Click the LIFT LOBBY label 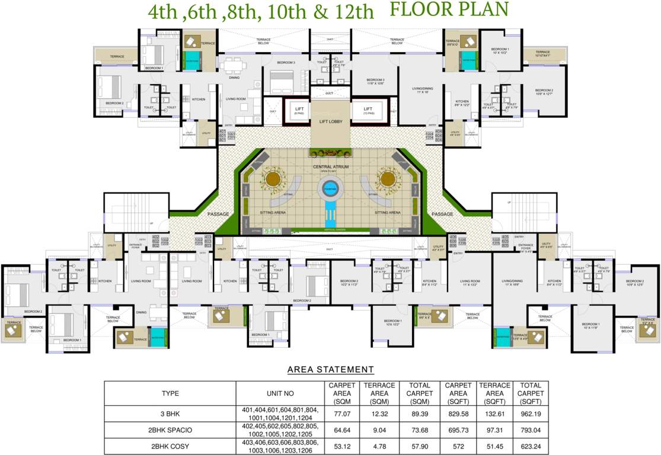click(331, 121)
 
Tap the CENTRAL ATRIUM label click(331, 168)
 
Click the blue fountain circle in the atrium click(330, 190)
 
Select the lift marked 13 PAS click(368, 110)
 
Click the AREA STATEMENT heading click(330, 370)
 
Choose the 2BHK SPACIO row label click(170, 430)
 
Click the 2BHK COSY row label click(170, 446)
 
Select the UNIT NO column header click(280, 393)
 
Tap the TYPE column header click(170, 393)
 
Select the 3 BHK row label click(170, 413)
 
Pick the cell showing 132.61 click(493, 413)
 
